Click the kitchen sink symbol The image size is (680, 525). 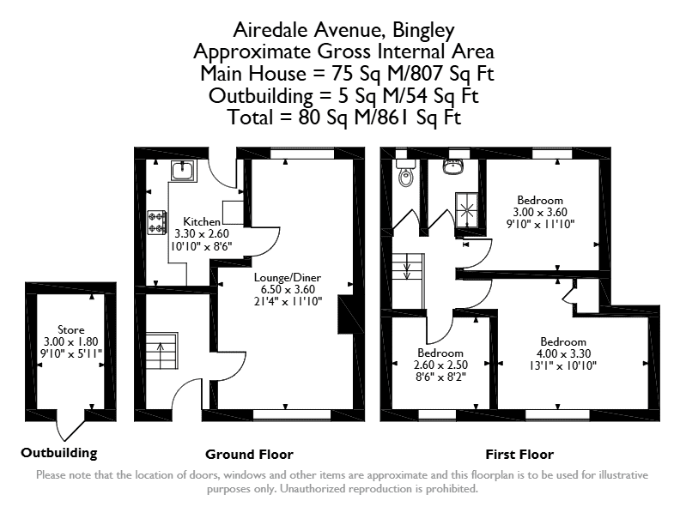(184, 170)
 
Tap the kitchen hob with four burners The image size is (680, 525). (157, 222)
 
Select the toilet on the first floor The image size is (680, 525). (406, 172)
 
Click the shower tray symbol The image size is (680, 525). (466, 210)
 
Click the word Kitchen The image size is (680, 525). (202, 222)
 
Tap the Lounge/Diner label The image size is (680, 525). (288, 278)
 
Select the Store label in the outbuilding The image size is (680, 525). (71, 329)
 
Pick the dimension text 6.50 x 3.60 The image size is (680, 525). (288, 289)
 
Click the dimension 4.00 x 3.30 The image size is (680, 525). (563, 353)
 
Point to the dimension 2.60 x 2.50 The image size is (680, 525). (440, 365)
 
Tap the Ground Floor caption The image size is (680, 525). (249, 455)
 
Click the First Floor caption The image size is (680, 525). (519, 455)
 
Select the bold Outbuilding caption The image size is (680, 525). (59, 453)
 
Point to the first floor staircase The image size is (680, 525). (408, 281)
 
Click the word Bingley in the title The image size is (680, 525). (423, 31)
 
